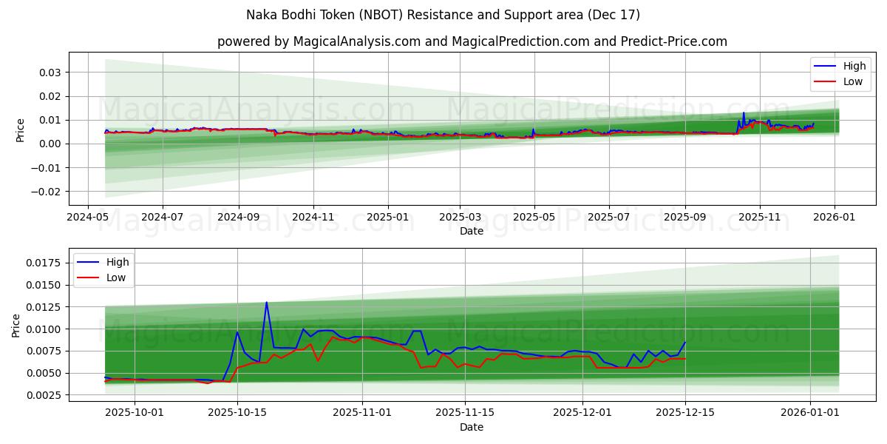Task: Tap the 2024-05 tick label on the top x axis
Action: pos(88,217)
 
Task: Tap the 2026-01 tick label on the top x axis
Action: pos(835,217)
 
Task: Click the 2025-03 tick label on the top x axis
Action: pos(460,217)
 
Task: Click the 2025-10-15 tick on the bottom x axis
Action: pos(237,413)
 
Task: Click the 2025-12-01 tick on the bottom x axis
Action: pos(582,413)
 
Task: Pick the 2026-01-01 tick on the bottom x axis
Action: pos(810,413)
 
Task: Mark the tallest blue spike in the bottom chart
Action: pos(267,302)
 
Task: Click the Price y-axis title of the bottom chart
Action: pos(16,325)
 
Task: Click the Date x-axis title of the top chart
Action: pos(472,231)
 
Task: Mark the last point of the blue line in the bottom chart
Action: pos(685,342)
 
